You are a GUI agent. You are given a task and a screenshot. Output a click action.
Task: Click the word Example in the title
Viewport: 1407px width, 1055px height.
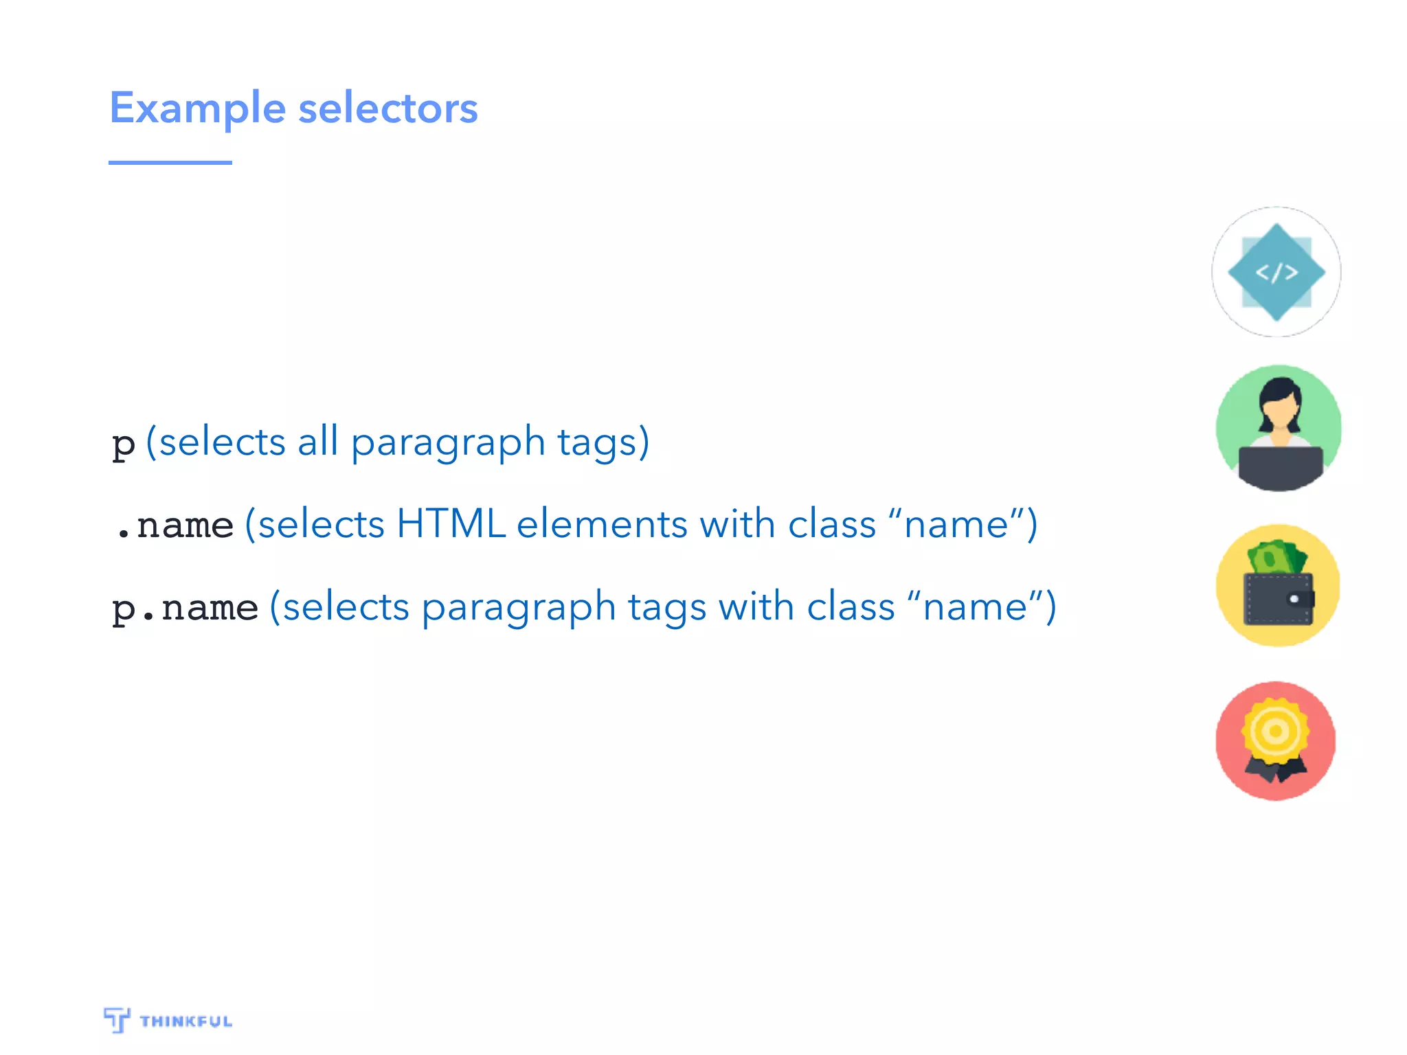coord(197,109)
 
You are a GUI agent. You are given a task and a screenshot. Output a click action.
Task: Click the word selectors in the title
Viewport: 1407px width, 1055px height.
coord(388,109)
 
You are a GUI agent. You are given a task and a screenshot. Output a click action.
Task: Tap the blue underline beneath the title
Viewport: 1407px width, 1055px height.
coord(170,163)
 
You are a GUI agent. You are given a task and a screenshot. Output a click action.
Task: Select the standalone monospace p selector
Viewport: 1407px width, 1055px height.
coord(124,444)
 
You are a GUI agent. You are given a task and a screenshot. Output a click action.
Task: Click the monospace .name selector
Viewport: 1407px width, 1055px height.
coord(175,526)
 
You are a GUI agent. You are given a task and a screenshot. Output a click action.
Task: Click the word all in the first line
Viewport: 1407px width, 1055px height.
coord(317,442)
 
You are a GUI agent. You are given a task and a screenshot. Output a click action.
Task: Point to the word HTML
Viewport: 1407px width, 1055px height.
coord(451,525)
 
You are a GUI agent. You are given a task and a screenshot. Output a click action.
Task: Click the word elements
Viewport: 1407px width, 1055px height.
coord(601,525)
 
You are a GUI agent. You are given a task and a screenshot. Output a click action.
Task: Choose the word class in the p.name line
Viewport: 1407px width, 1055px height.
coord(851,607)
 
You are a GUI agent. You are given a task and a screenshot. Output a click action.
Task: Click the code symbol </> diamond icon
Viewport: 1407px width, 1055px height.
coord(1276,273)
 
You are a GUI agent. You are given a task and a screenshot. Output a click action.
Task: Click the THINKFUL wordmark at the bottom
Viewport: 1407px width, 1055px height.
coord(185,1021)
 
